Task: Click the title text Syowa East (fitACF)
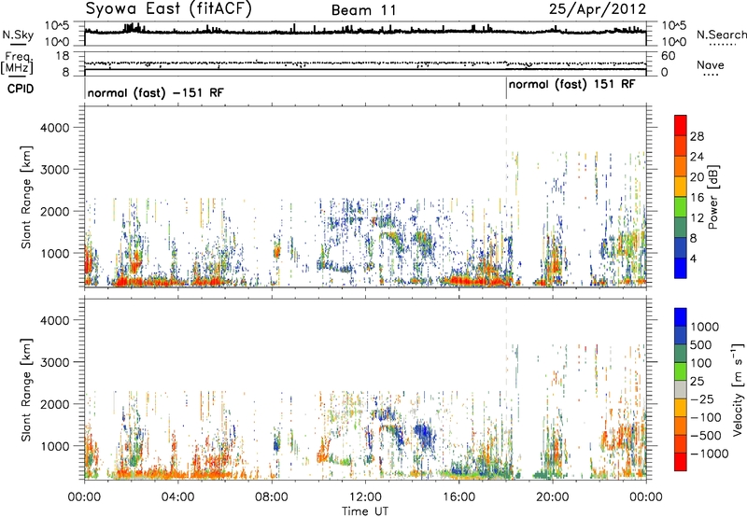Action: pyautogui.click(x=168, y=9)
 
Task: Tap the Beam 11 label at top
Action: pyautogui.click(x=363, y=10)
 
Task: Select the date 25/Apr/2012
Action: pyautogui.click(x=598, y=9)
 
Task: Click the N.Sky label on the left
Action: pyautogui.click(x=18, y=35)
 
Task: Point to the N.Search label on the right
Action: pyautogui.click(x=721, y=35)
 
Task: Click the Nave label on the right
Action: pyautogui.click(x=711, y=64)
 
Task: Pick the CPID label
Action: pyautogui.click(x=21, y=89)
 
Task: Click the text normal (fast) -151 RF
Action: pyautogui.click(x=155, y=92)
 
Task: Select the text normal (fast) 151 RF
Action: pyautogui.click(x=571, y=85)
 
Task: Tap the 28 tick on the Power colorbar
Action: pyautogui.click(x=697, y=136)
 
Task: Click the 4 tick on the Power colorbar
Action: pyautogui.click(x=693, y=259)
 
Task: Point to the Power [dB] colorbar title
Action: pyautogui.click(x=712, y=197)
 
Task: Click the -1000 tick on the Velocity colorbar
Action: pyautogui.click(x=710, y=454)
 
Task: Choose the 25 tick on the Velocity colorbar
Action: pyautogui.click(x=697, y=382)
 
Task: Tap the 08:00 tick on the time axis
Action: pyautogui.click(x=272, y=497)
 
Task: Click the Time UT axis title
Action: pyautogui.click(x=365, y=511)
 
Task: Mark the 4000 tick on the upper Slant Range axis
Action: pyautogui.click(x=55, y=128)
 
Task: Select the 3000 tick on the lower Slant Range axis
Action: pyautogui.click(x=55, y=362)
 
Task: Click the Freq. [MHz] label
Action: pyautogui.click(x=18, y=63)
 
